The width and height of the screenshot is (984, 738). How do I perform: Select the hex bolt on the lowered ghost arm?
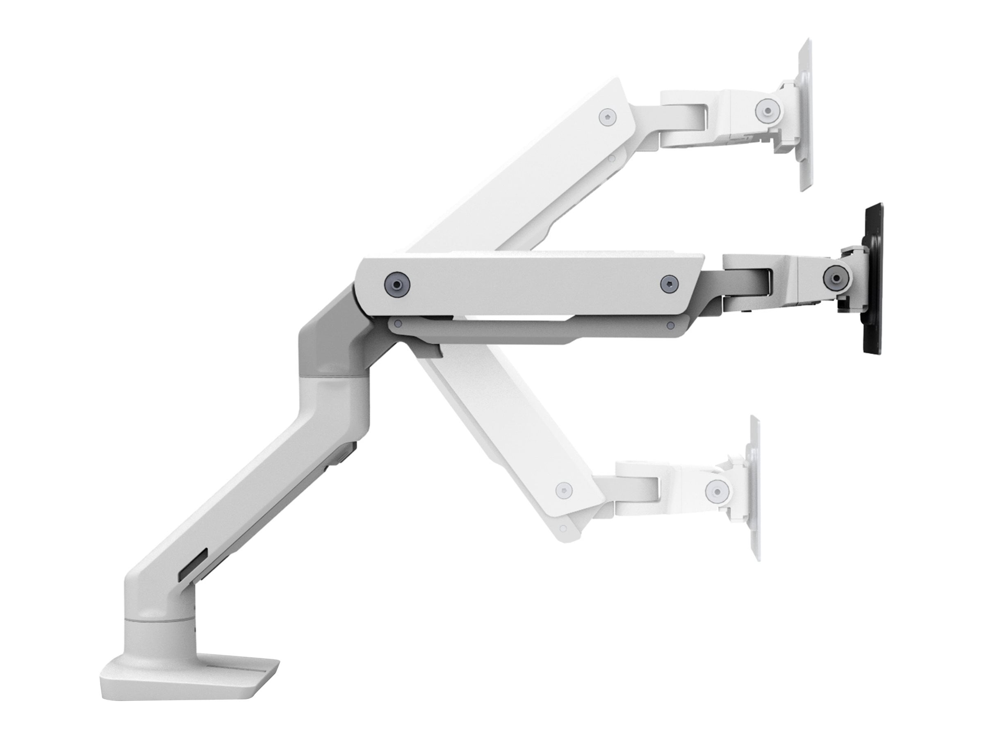[563, 490]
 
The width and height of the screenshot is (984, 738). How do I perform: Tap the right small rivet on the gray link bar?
[670, 326]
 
